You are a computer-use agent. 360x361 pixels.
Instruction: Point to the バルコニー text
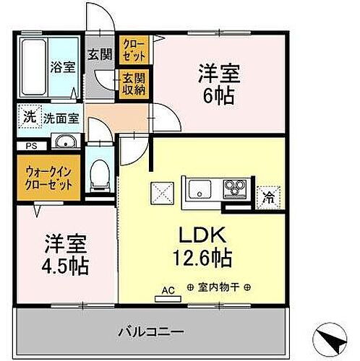tap(152, 332)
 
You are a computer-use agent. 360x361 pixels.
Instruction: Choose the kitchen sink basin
tap(200, 190)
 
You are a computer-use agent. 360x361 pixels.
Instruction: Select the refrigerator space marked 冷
tap(268, 195)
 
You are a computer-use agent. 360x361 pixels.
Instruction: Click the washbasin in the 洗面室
tap(66, 141)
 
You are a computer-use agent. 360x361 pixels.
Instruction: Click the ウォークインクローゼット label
tap(50, 177)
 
